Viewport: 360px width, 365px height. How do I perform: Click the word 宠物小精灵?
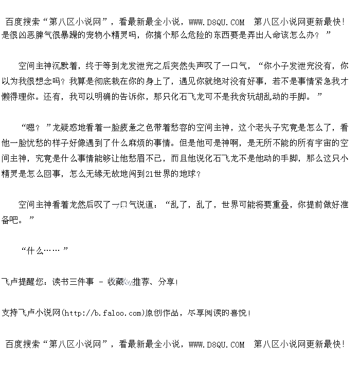coord(102,35)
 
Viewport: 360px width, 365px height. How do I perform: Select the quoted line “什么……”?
coord(44,251)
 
